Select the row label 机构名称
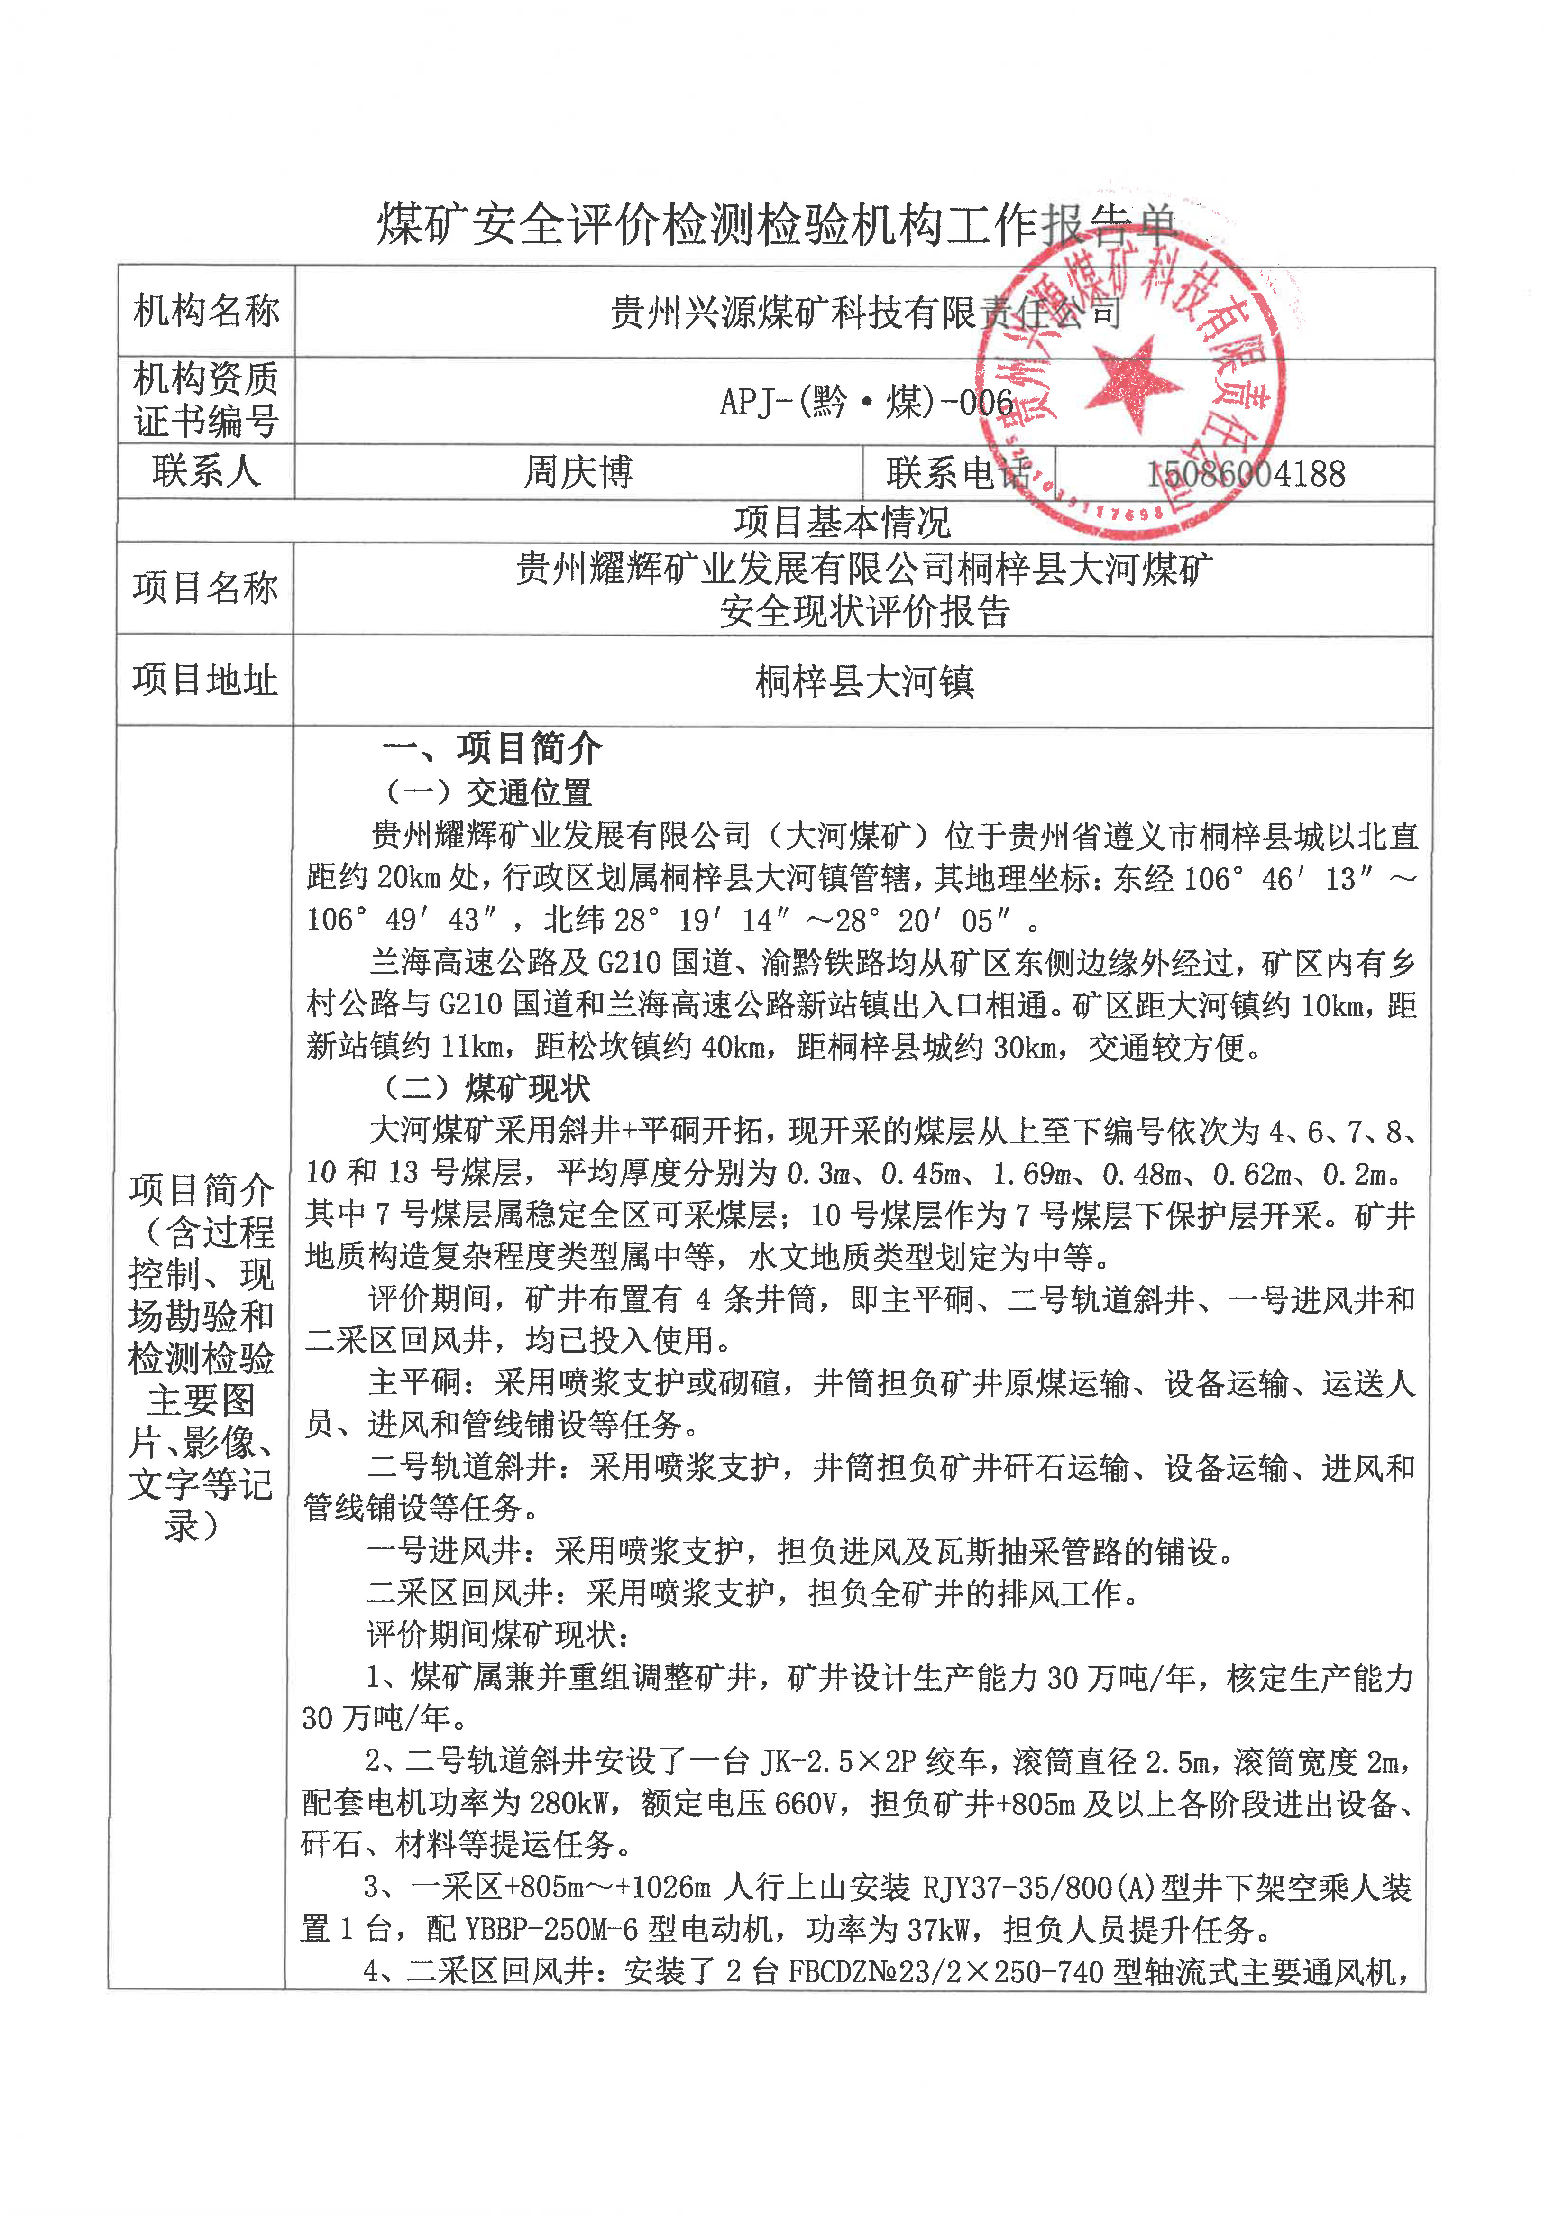pos(206,311)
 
